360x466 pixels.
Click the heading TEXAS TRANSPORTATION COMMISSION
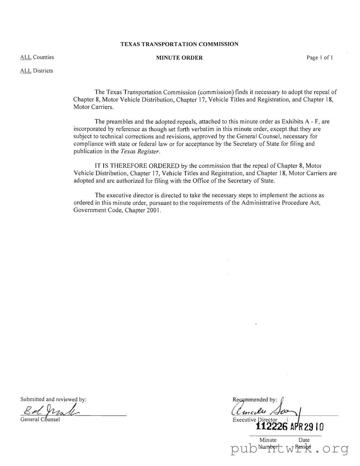coord(179,44)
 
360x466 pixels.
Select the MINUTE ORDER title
coord(179,58)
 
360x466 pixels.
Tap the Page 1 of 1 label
coord(319,58)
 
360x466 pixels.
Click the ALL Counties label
coord(37,57)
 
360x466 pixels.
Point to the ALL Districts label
coord(36,71)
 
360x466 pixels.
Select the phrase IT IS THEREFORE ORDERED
coord(137,166)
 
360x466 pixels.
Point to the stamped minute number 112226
coord(271,427)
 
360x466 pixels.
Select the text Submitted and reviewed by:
coord(53,399)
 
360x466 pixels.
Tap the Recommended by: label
coord(255,400)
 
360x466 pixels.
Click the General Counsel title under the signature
coord(40,419)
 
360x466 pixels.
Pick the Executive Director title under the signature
coord(255,420)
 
